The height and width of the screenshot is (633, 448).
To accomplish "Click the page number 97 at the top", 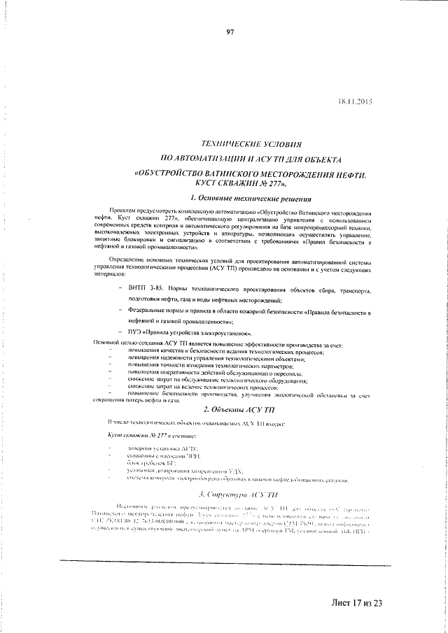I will point(229,30).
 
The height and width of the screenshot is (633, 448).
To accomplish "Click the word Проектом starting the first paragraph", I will point(122,211).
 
